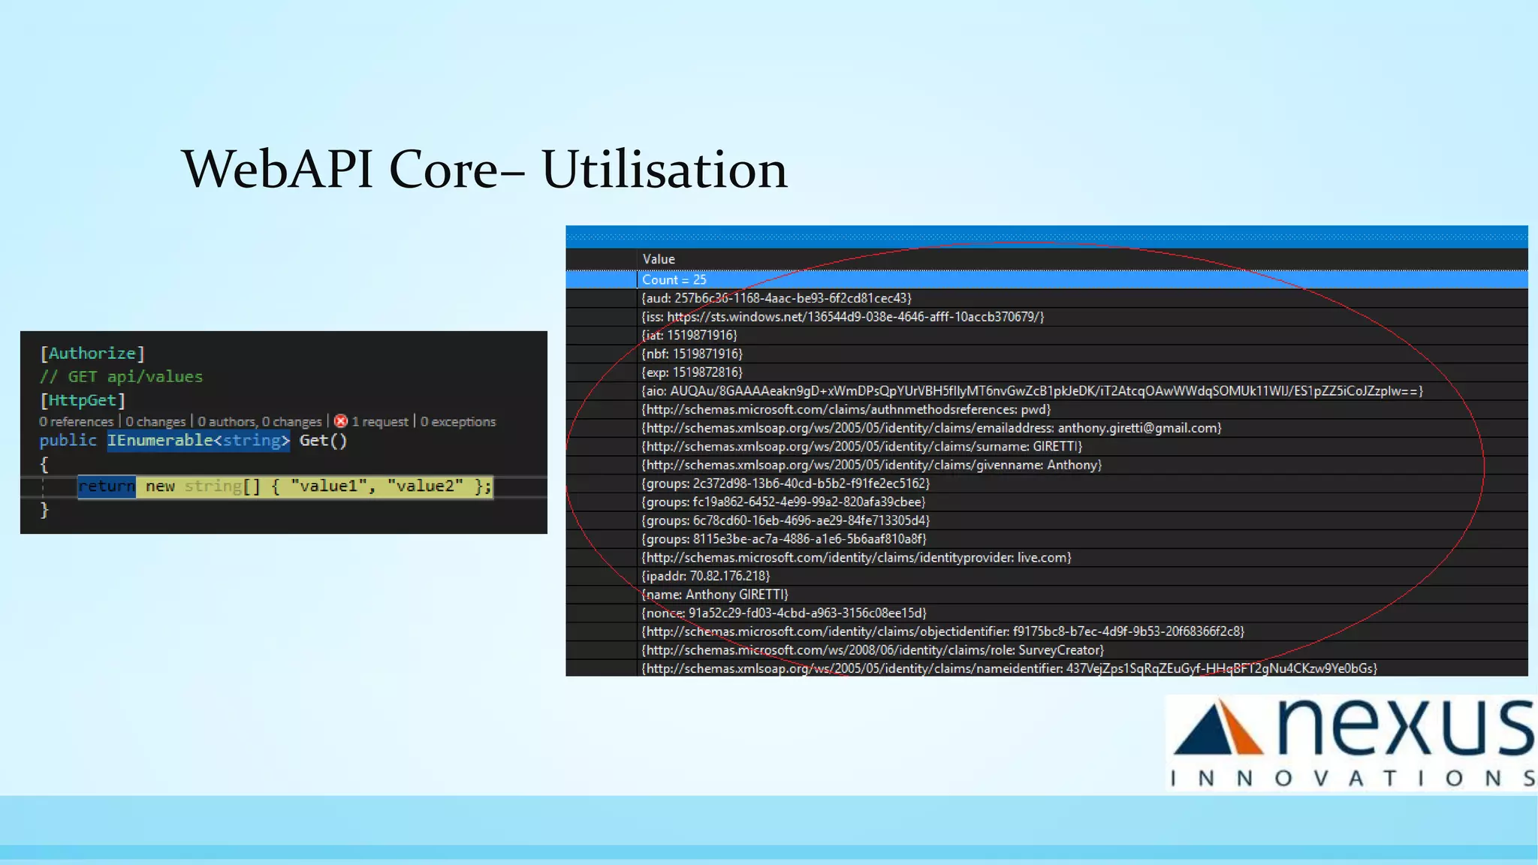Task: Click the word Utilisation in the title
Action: click(x=664, y=170)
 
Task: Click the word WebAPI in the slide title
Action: click(x=277, y=170)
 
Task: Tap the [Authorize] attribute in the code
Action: click(x=92, y=353)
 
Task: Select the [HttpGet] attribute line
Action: click(x=83, y=400)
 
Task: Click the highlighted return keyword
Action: click(x=107, y=487)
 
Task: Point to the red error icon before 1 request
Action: click(x=341, y=421)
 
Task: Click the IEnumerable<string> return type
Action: click(x=198, y=441)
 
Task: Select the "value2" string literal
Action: click(x=425, y=487)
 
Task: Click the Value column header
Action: click(x=659, y=259)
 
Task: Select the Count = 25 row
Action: click(x=674, y=279)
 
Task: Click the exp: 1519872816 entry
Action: click(x=692, y=372)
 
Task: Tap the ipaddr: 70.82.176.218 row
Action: click(x=706, y=576)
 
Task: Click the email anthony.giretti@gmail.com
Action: click(x=1138, y=428)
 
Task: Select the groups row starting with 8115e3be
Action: click(x=784, y=539)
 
